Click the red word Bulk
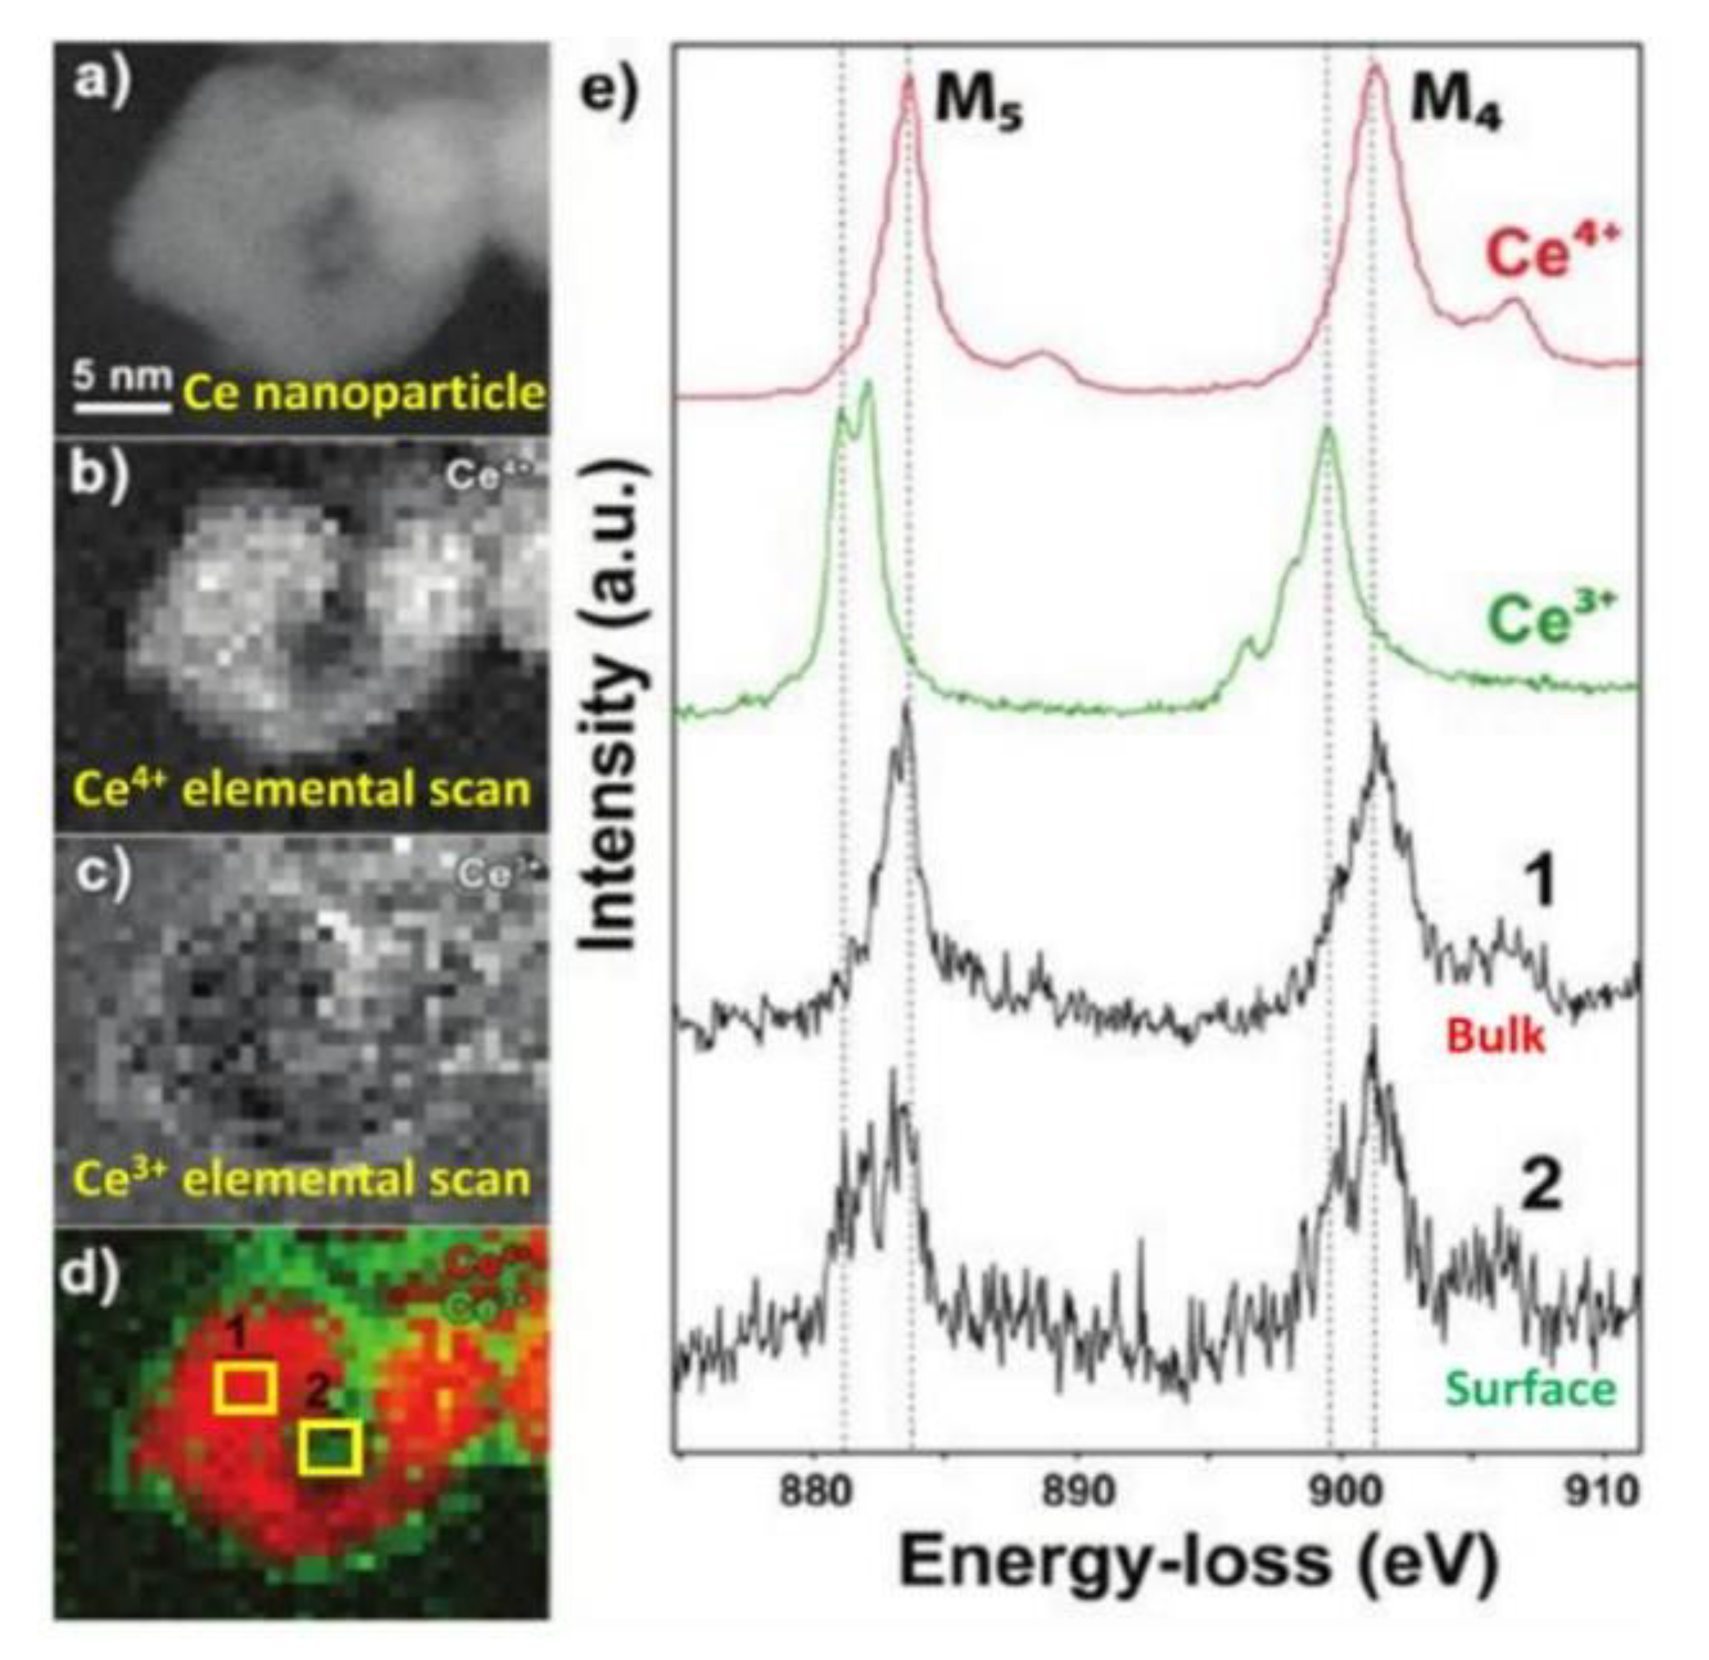(1495, 1038)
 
